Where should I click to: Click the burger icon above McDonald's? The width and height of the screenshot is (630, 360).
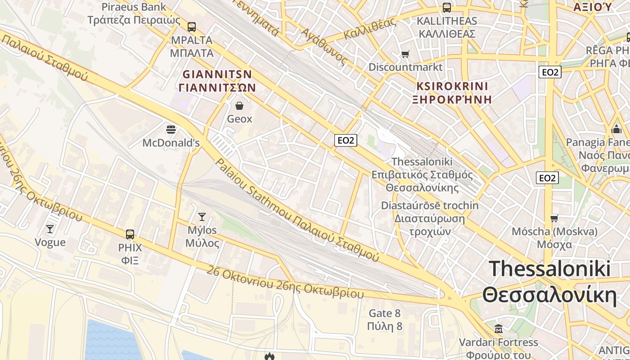171,130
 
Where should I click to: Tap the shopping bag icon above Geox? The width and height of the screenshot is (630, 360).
239,106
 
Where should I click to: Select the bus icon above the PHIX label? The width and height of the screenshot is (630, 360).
130,234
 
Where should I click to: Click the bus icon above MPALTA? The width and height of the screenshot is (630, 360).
192,27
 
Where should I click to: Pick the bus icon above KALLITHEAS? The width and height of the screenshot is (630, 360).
446,7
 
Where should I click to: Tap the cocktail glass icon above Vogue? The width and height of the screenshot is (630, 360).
50,229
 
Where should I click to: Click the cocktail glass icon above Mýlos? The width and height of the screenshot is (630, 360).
202,217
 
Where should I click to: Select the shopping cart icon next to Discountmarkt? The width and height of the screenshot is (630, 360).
405,54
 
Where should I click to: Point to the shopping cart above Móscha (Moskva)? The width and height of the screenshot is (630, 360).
554,218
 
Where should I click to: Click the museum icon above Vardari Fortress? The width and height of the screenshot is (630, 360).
499,328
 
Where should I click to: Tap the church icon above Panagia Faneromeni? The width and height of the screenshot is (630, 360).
616,129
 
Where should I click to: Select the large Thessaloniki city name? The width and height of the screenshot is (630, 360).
549,282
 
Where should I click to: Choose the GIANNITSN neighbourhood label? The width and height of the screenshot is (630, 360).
217,81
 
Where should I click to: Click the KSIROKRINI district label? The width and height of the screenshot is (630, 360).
452,93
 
